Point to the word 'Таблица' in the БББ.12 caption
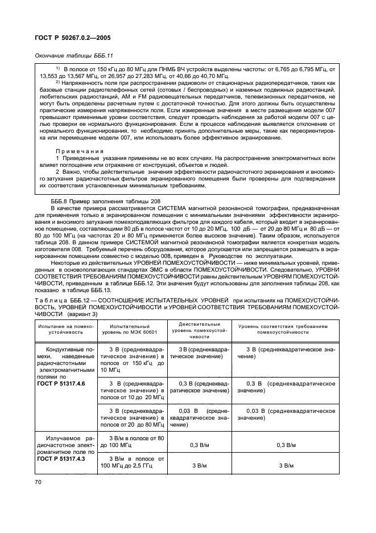[x=52, y=300]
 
